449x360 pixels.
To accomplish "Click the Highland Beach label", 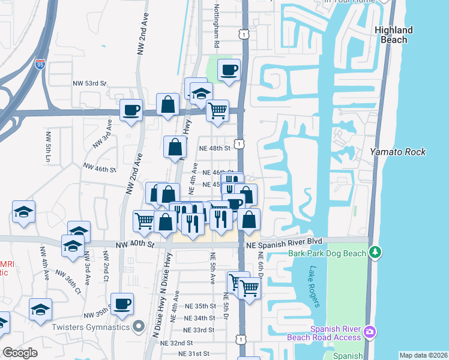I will [x=394, y=35].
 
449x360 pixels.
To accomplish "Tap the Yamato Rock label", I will [x=397, y=152].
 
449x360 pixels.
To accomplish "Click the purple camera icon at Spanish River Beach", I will [x=371, y=332].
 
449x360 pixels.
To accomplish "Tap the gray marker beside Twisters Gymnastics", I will [x=139, y=326].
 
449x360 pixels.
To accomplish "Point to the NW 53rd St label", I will [x=89, y=83].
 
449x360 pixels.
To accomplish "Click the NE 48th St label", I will [x=215, y=148].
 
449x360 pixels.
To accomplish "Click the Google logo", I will [x=20, y=353].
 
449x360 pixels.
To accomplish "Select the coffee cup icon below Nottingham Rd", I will [x=229, y=70].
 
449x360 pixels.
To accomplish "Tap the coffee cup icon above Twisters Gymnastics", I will [x=122, y=303].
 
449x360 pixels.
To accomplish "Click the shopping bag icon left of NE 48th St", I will [x=175, y=146].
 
